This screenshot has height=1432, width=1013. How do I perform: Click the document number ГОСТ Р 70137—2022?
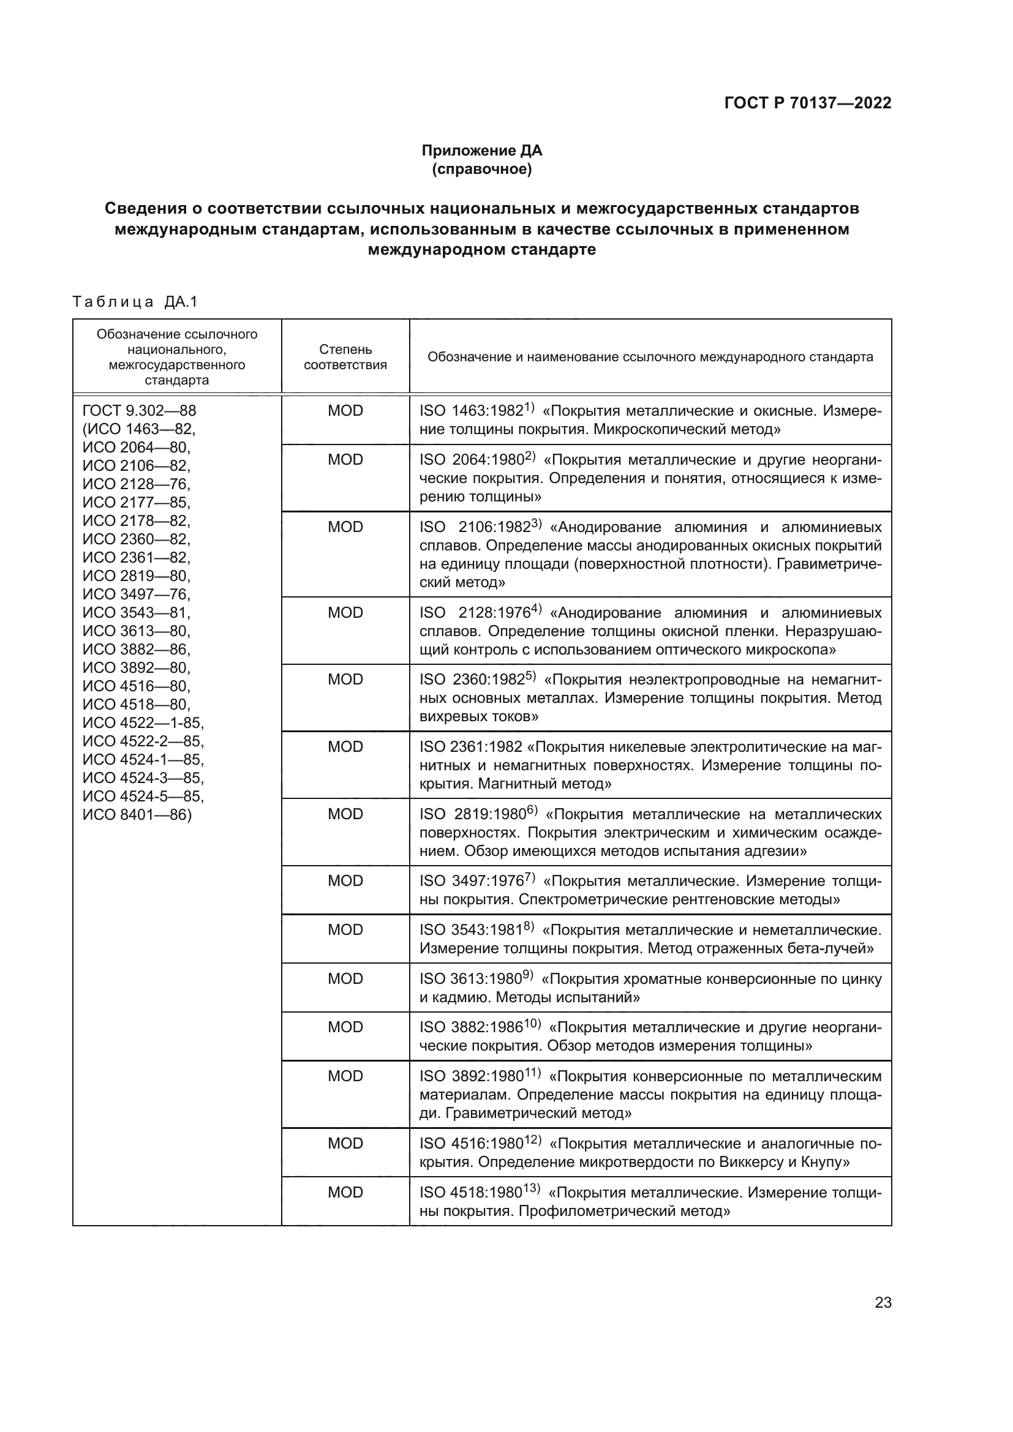(808, 103)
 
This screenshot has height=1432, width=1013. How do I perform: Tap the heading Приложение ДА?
(481, 151)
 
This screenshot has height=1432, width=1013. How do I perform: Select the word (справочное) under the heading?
(481, 169)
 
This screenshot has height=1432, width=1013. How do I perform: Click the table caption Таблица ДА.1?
(135, 302)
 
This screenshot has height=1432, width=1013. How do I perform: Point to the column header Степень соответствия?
(345, 357)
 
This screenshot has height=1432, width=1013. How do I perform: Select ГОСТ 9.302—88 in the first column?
(139, 410)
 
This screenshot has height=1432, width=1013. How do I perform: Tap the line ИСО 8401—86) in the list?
(137, 814)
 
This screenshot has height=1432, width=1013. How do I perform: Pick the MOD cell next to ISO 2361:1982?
(345, 746)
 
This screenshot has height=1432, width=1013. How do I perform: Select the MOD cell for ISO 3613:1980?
(345, 978)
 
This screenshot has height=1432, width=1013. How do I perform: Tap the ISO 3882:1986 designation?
(471, 1027)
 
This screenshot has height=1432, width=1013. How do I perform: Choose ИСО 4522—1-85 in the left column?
(143, 722)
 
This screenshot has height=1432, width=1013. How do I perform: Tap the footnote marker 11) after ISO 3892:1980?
(532, 1073)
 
